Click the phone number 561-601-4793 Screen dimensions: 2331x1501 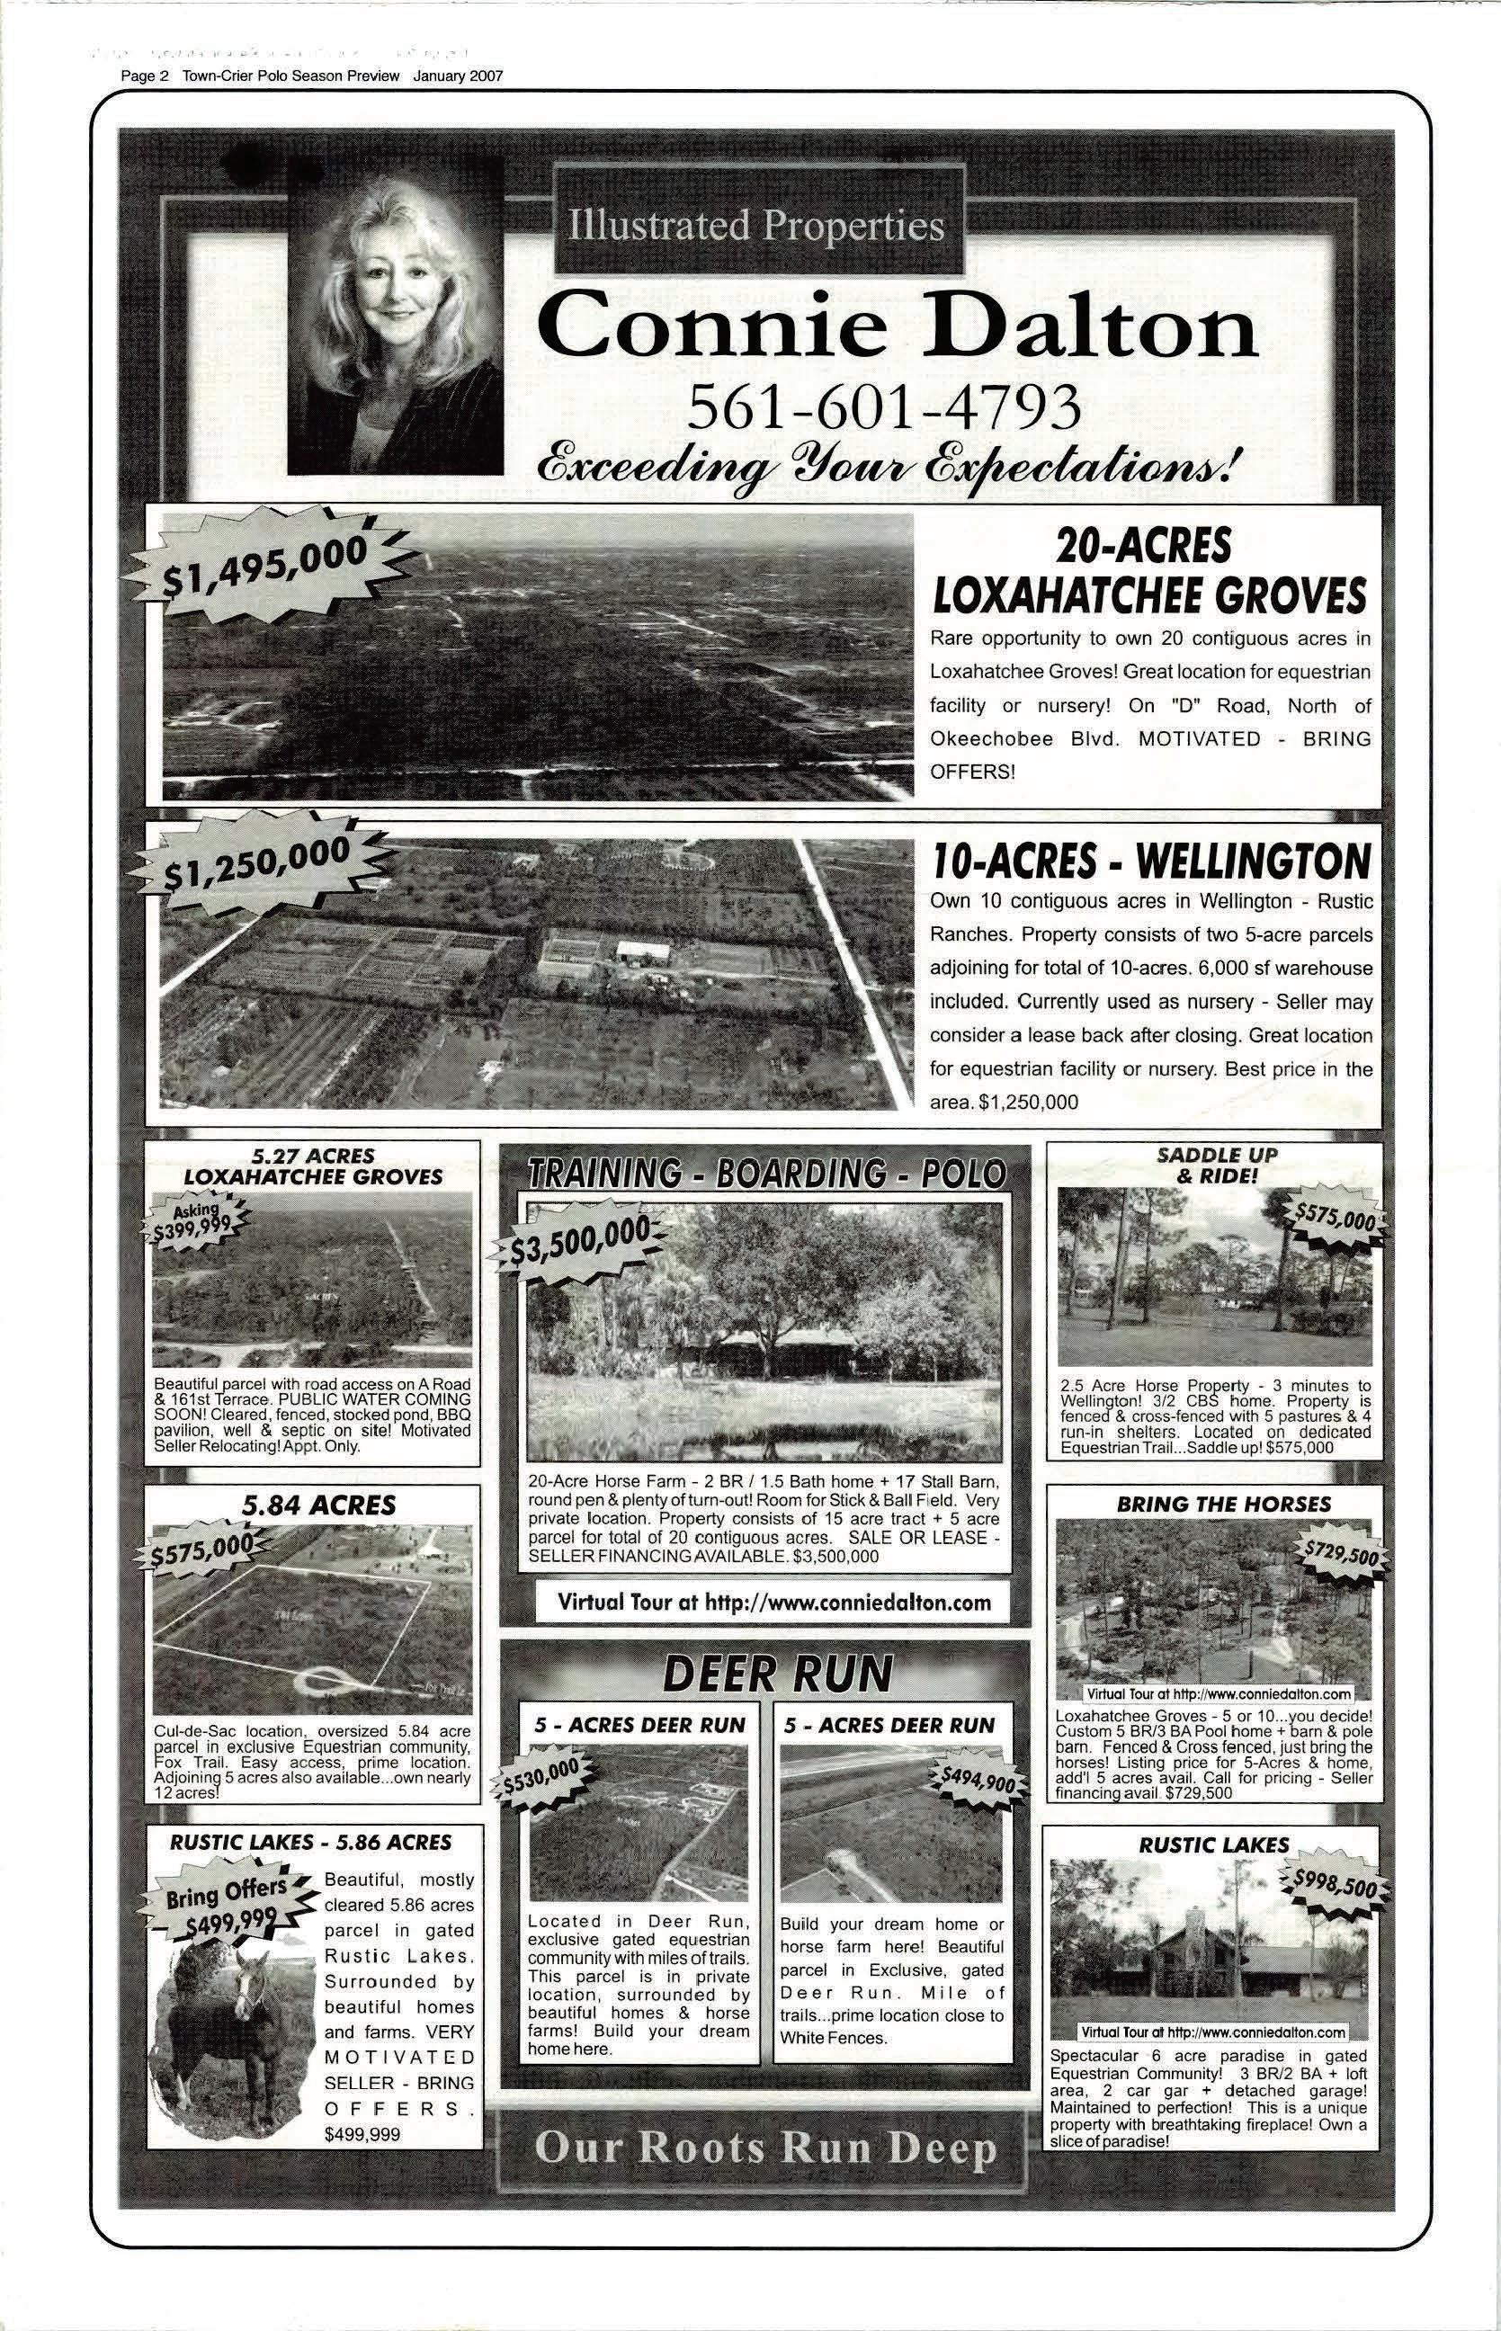coord(884,406)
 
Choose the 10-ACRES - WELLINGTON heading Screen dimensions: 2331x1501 coord(1151,862)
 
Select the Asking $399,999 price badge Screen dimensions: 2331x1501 coord(197,1219)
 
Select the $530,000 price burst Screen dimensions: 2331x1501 coord(544,1779)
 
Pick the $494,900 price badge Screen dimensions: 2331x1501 coord(976,1779)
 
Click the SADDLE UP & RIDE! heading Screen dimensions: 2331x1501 coord(1217,1165)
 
